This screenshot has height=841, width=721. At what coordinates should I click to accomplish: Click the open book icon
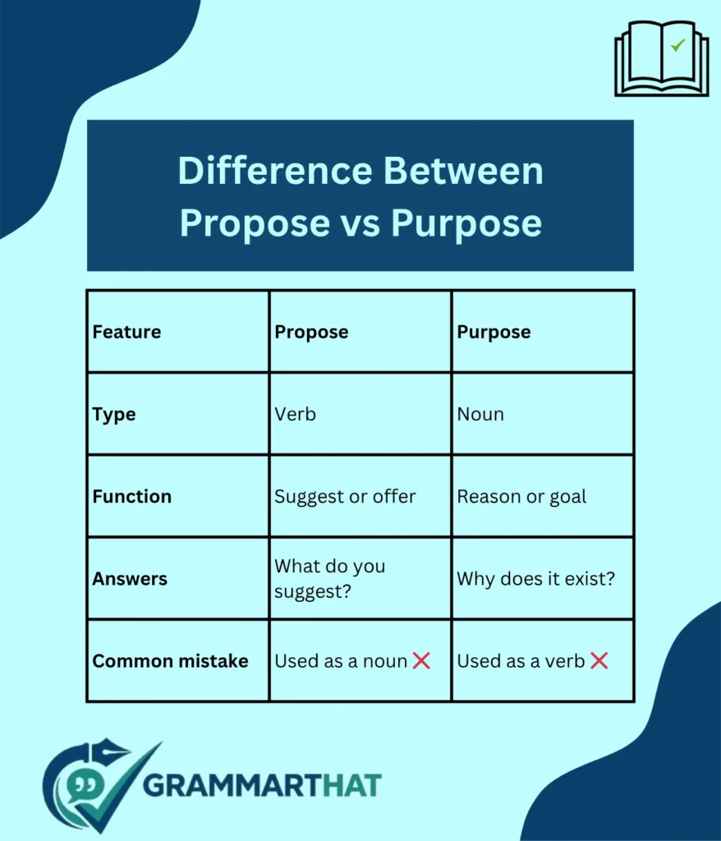pos(661,58)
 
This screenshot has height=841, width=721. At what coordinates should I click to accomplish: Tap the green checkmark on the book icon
pos(677,46)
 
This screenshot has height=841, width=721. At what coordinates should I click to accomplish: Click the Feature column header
pos(126,332)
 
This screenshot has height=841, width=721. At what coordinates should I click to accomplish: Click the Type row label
pos(114,414)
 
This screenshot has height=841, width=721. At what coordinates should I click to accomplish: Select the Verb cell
pos(295,414)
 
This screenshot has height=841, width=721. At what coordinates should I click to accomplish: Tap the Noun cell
pos(480,414)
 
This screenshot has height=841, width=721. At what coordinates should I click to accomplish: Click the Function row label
pos(132,496)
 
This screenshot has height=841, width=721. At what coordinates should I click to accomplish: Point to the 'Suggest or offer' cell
pos(345,496)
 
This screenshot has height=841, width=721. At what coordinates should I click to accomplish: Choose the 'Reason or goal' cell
pos(521,496)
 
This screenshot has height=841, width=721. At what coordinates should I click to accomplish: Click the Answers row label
pos(130,578)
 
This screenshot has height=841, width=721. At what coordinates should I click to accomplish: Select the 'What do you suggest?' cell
pos(329,577)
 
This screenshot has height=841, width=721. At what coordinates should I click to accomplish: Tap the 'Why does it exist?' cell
pos(535,578)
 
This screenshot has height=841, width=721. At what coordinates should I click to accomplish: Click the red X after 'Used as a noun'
pos(421,660)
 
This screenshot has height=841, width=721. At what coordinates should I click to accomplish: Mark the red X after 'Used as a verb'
pos(599,660)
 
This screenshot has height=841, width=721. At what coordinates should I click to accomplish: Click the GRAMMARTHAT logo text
pos(262,784)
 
